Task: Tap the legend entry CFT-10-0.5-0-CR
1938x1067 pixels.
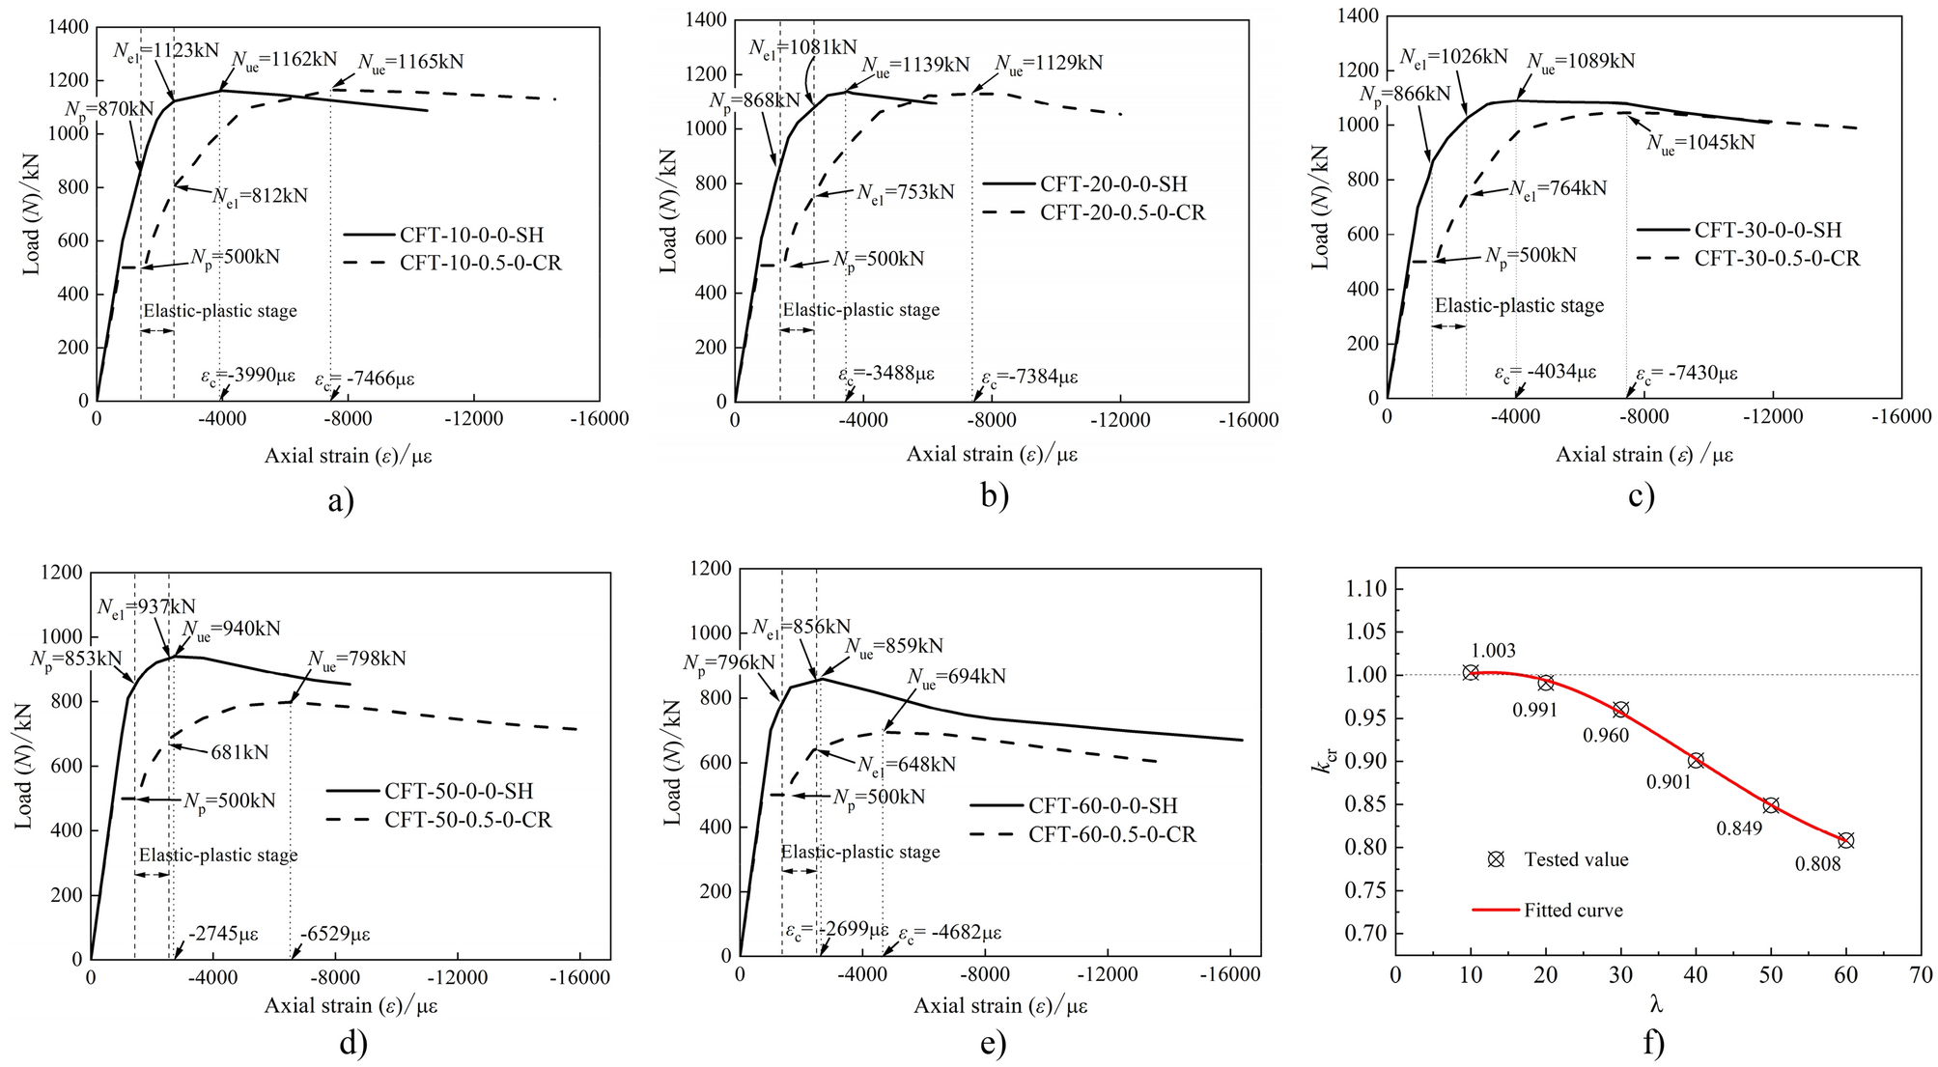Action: click(480, 263)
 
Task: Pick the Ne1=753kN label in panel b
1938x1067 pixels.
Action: click(905, 192)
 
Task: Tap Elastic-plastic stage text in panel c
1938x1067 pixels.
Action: click(1519, 306)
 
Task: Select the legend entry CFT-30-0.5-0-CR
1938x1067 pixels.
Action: click(1777, 258)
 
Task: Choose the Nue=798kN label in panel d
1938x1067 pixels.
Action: click(356, 659)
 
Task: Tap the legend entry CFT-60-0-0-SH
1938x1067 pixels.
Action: click(1103, 805)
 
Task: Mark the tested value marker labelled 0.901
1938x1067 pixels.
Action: click(1696, 760)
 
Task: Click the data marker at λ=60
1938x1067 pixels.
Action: click(1845, 840)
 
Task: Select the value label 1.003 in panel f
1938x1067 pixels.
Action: click(1493, 651)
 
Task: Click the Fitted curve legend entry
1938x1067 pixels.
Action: click(1573, 910)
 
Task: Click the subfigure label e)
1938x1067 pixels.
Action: click(993, 1044)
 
